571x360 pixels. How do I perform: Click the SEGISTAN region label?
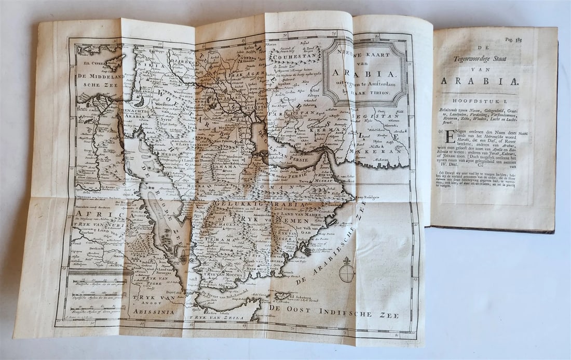click(372, 118)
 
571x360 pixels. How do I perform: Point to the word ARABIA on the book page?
click(478, 81)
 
